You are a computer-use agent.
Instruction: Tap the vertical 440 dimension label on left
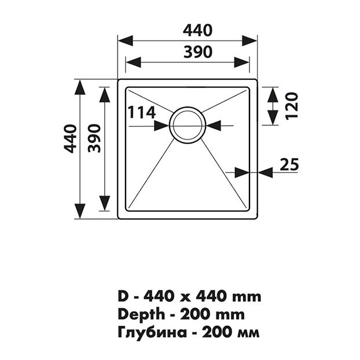pos(70,139)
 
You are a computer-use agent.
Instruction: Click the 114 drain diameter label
pos(141,112)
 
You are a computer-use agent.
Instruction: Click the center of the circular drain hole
pos(187,123)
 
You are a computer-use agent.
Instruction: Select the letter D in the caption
pos(122,296)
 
